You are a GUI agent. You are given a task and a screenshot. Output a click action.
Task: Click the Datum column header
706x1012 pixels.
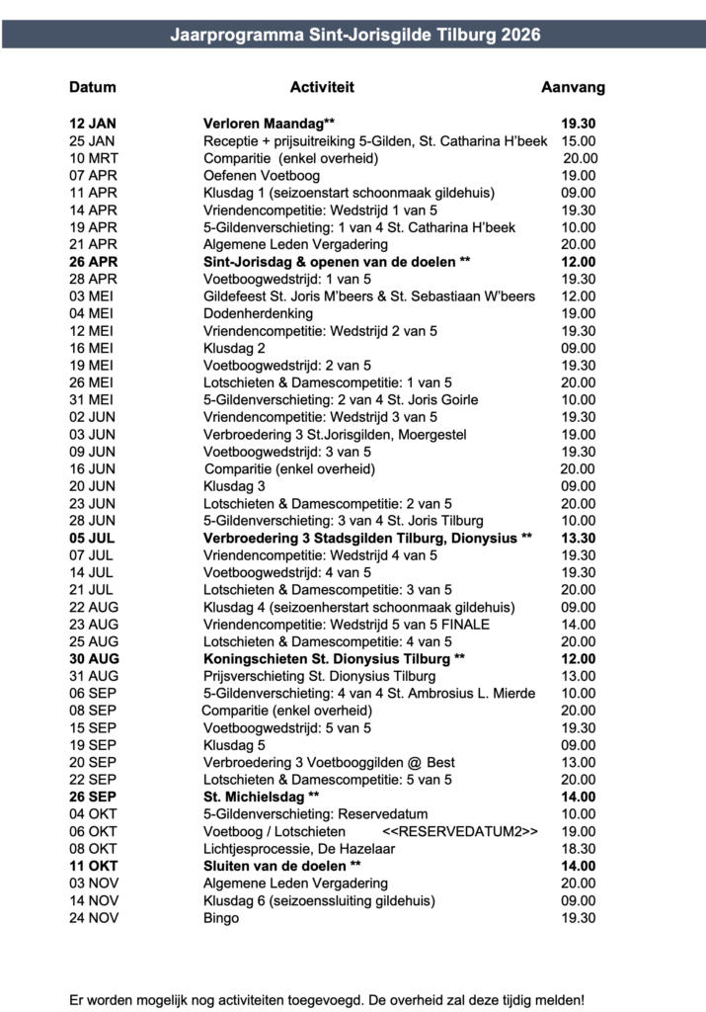point(93,87)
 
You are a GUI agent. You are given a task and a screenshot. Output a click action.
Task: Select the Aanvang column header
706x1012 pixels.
point(573,87)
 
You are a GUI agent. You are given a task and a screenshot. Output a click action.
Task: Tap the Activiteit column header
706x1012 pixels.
point(322,87)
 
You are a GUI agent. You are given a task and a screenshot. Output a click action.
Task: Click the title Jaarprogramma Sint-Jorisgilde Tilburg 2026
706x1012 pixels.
point(354,35)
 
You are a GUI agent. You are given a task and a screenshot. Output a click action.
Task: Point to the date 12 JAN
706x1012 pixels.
point(93,125)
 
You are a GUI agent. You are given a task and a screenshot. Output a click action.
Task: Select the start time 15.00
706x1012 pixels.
point(578,141)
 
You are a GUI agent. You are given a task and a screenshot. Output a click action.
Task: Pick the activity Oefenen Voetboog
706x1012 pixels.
point(257,175)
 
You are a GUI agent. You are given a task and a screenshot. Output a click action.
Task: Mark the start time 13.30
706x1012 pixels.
point(578,537)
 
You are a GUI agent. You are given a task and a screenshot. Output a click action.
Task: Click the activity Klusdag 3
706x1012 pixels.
point(234,486)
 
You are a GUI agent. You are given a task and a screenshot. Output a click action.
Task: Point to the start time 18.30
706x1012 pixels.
point(578,848)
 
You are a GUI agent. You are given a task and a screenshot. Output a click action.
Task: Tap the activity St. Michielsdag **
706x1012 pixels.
point(262,796)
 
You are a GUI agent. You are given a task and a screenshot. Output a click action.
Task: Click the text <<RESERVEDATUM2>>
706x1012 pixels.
point(460,831)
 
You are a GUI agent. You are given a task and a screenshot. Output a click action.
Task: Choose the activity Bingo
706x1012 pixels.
point(221,917)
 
